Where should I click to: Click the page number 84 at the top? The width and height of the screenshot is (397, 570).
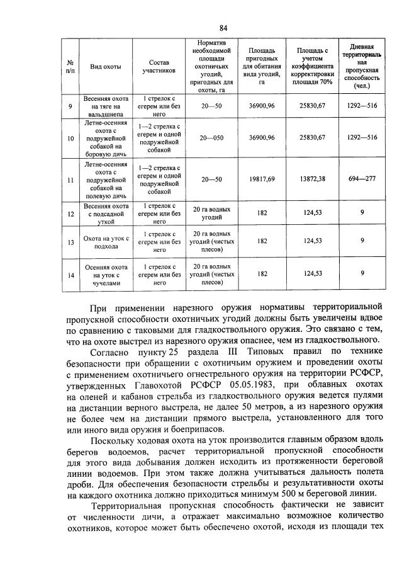click(x=223, y=27)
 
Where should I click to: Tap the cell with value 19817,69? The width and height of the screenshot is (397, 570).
click(x=258, y=179)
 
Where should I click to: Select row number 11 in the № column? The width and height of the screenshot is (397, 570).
click(x=70, y=180)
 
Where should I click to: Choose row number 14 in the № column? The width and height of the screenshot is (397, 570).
click(x=70, y=273)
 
